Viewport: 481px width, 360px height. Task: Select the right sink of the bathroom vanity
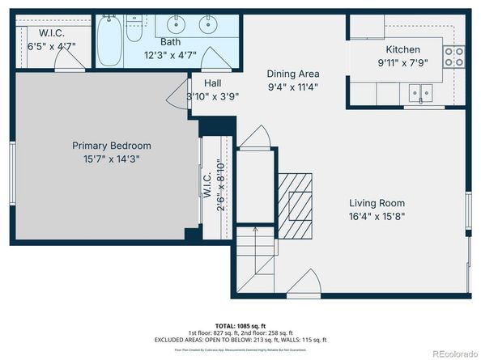click(209, 23)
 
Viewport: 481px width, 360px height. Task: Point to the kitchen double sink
click(420, 93)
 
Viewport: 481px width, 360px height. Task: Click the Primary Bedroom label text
click(111, 146)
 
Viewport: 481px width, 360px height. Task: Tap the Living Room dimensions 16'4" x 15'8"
click(377, 216)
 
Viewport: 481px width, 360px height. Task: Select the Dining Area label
click(293, 74)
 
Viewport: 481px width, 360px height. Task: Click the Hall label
click(212, 83)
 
